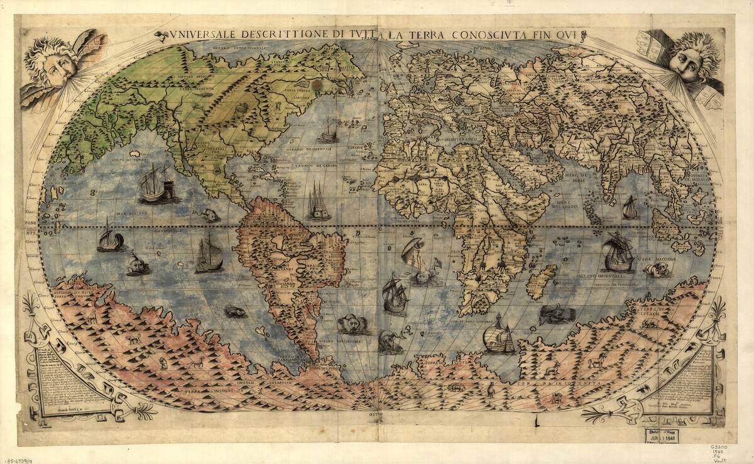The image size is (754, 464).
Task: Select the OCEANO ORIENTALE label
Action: (598, 276)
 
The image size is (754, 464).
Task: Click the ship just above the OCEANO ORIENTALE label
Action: (616, 251)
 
